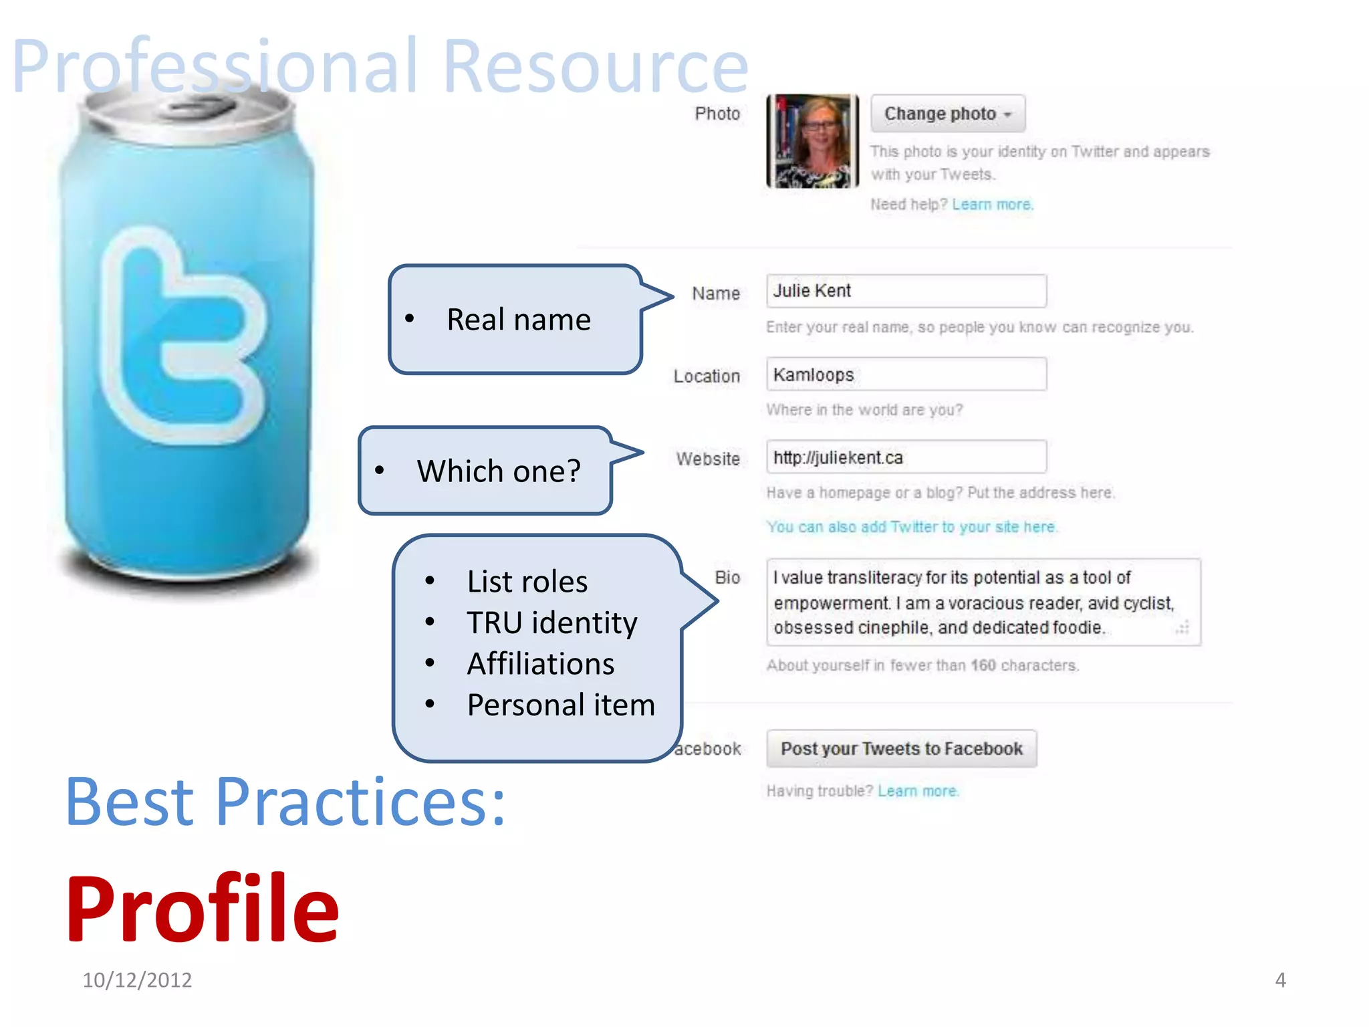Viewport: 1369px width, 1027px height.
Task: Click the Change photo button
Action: tap(947, 114)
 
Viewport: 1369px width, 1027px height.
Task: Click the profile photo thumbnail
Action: tap(812, 141)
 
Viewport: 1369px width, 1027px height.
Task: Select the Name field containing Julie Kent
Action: tap(906, 291)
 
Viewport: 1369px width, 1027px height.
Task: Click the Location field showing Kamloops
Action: tap(906, 374)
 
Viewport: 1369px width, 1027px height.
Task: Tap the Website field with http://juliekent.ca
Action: tap(906, 457)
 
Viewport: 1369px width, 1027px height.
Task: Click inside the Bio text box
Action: tap(983, 602)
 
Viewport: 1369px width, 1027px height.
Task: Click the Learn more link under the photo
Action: tap(992, 205)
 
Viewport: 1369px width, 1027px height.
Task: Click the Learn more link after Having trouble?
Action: tap(918, 791)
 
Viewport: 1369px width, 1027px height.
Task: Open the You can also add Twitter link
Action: tap(911, 527)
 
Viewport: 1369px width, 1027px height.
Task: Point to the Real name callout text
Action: tap(518, 320)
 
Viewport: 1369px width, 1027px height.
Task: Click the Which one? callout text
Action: tap(499, 471)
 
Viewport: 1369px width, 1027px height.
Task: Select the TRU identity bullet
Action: tap(551, 622)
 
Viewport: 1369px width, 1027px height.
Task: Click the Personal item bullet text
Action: tap(560, 705)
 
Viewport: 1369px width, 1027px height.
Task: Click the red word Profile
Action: tap(203, 909)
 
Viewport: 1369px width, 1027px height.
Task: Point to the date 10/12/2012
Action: tap(137, 980)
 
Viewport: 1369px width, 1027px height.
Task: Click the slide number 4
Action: tap(1280, 980)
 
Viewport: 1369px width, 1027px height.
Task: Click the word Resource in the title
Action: tap(595, 67)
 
